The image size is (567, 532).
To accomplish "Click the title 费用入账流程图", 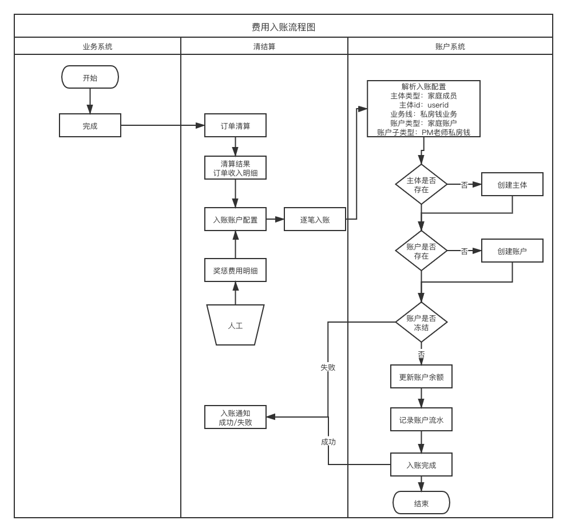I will point(283,27).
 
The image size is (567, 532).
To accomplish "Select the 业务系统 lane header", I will point(97,46).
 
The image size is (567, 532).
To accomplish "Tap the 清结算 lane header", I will point(264,46).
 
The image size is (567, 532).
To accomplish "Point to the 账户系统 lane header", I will point(450,46).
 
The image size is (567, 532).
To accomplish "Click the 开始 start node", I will point(90,77).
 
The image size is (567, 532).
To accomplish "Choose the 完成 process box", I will point(90,125).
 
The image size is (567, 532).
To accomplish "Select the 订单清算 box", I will point(235,125).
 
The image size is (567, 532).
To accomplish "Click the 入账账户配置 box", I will point(235,219).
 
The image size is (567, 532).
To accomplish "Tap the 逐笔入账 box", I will point(315,219).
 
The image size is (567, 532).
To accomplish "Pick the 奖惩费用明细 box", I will point(235,270).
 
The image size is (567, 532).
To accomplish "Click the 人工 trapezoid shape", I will point(235,325).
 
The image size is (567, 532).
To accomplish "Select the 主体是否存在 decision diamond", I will point(421,184).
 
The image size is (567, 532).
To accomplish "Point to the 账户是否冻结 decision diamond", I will point(421,323).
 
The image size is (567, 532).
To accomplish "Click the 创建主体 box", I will point(512,184).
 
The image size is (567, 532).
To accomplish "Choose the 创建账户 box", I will point(512,251).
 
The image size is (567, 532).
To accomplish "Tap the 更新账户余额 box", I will point(421,377).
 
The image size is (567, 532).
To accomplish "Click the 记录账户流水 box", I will point(421,420).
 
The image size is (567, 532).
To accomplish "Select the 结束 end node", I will point(421,503).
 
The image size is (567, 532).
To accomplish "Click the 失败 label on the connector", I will point(328,367).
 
